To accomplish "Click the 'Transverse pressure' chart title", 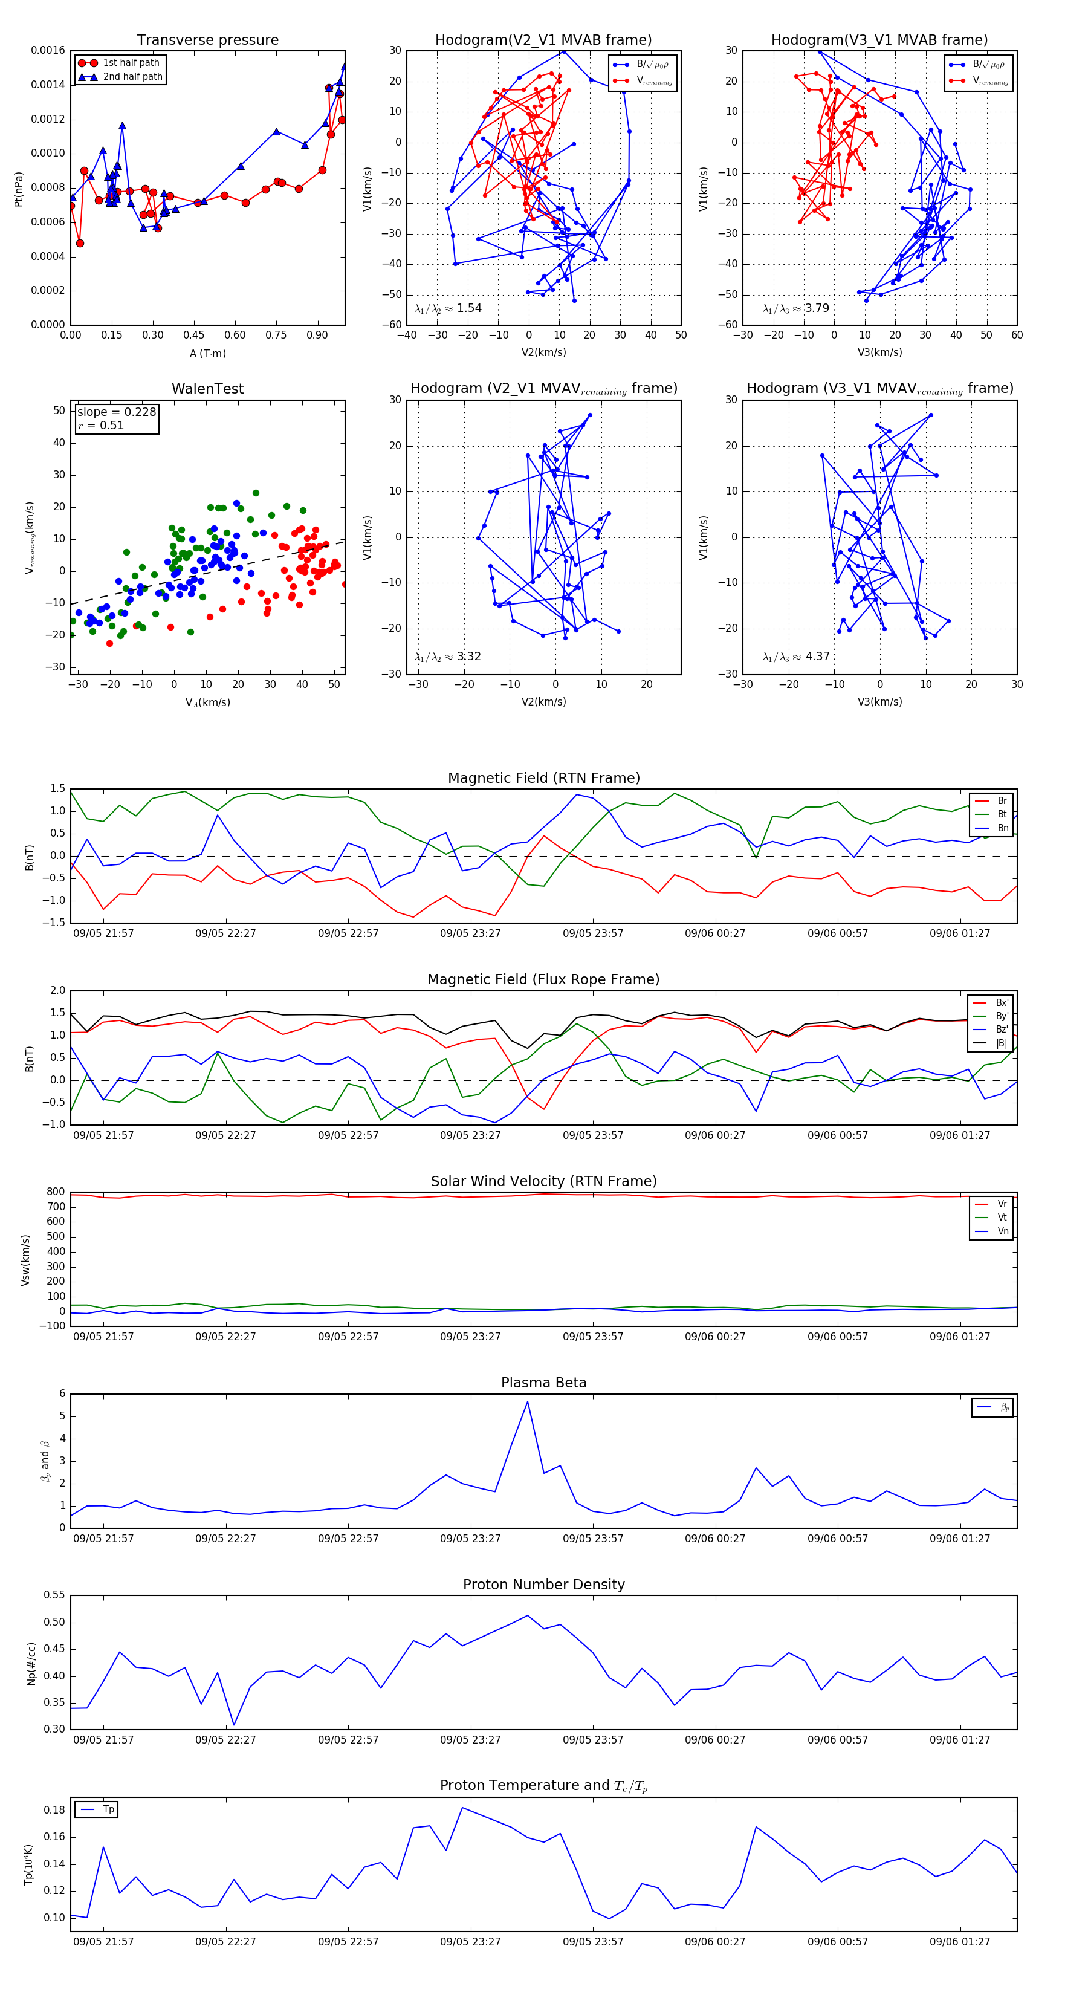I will [207, 41].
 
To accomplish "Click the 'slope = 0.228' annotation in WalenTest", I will [116, 412].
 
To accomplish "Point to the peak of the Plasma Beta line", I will [527, 1402].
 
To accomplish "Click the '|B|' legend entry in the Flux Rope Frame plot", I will [1002, 1043].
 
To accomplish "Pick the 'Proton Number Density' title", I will [543, 1585].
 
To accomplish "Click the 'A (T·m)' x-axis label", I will [207, 353].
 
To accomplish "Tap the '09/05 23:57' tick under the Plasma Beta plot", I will [592, 1538].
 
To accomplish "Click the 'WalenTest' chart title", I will [207, 389].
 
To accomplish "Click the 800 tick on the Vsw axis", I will [56, 1192].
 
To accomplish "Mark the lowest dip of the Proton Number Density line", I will [234, 1725].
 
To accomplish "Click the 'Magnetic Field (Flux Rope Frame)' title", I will [543, 980].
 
